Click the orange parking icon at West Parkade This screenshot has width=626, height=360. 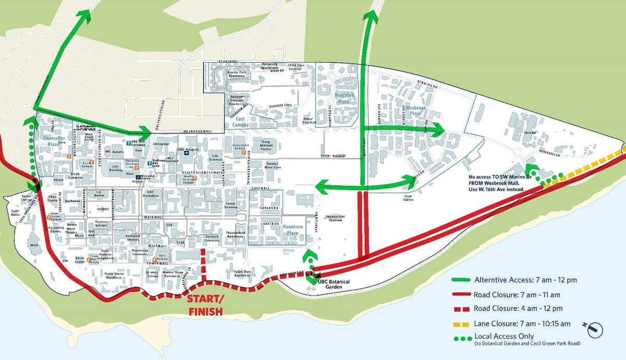(x=154, y=260)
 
